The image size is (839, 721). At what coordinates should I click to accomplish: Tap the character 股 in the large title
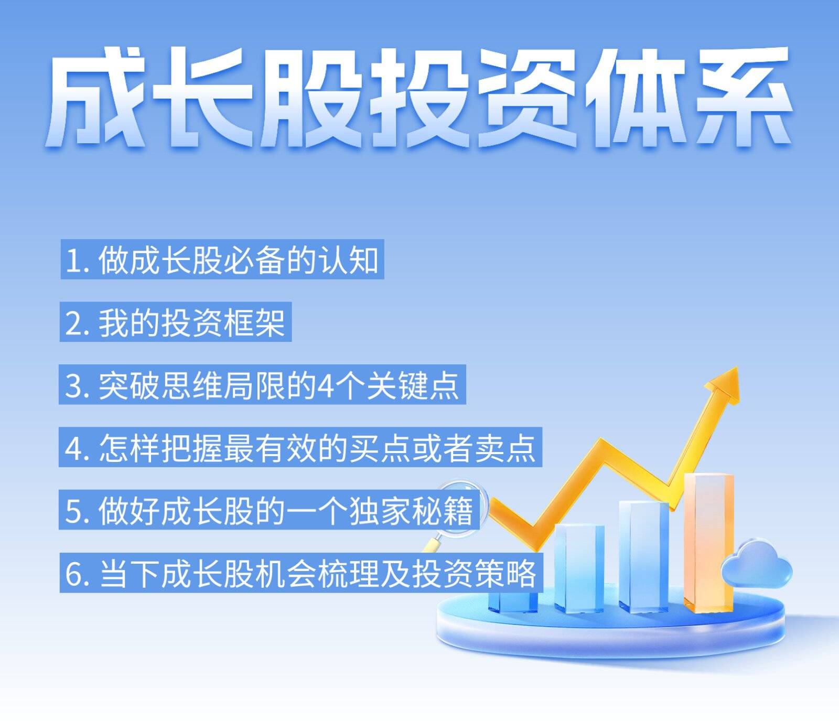[x=311, y=98]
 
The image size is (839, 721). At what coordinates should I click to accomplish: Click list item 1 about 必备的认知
[x=222, y=260]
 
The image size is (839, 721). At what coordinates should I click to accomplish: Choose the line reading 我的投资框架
[x=176, y=322]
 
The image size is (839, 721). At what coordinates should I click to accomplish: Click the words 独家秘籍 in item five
[x=411, y=511]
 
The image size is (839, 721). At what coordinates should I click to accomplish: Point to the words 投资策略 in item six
[x=475, y=573]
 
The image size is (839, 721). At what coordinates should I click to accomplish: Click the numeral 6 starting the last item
[x=74, y=574]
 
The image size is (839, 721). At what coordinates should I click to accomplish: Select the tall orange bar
[x=708, y=543]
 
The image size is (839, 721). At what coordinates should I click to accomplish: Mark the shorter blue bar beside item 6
[x=579, y=568]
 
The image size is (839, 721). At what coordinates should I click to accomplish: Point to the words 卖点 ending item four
[x=505, y=448]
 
